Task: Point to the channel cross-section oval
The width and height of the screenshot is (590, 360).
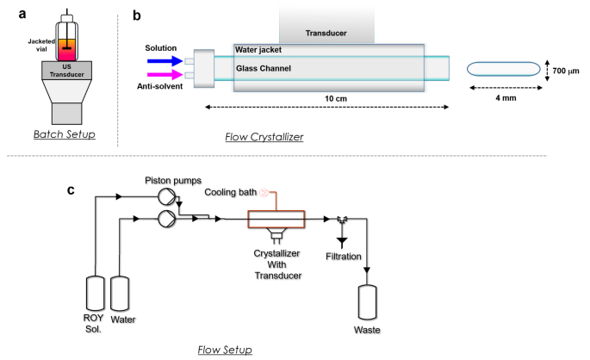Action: click(x=503, y=68)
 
